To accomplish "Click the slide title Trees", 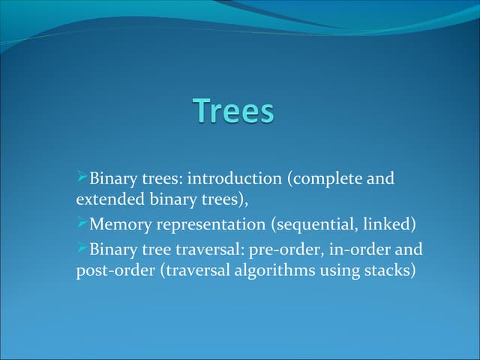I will pos(234,111).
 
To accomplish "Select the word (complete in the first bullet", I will pos(325,180).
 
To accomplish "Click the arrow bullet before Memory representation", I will pos(82,223).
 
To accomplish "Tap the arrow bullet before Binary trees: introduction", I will pos(82,178).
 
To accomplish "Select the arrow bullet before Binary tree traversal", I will pos(82,247).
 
